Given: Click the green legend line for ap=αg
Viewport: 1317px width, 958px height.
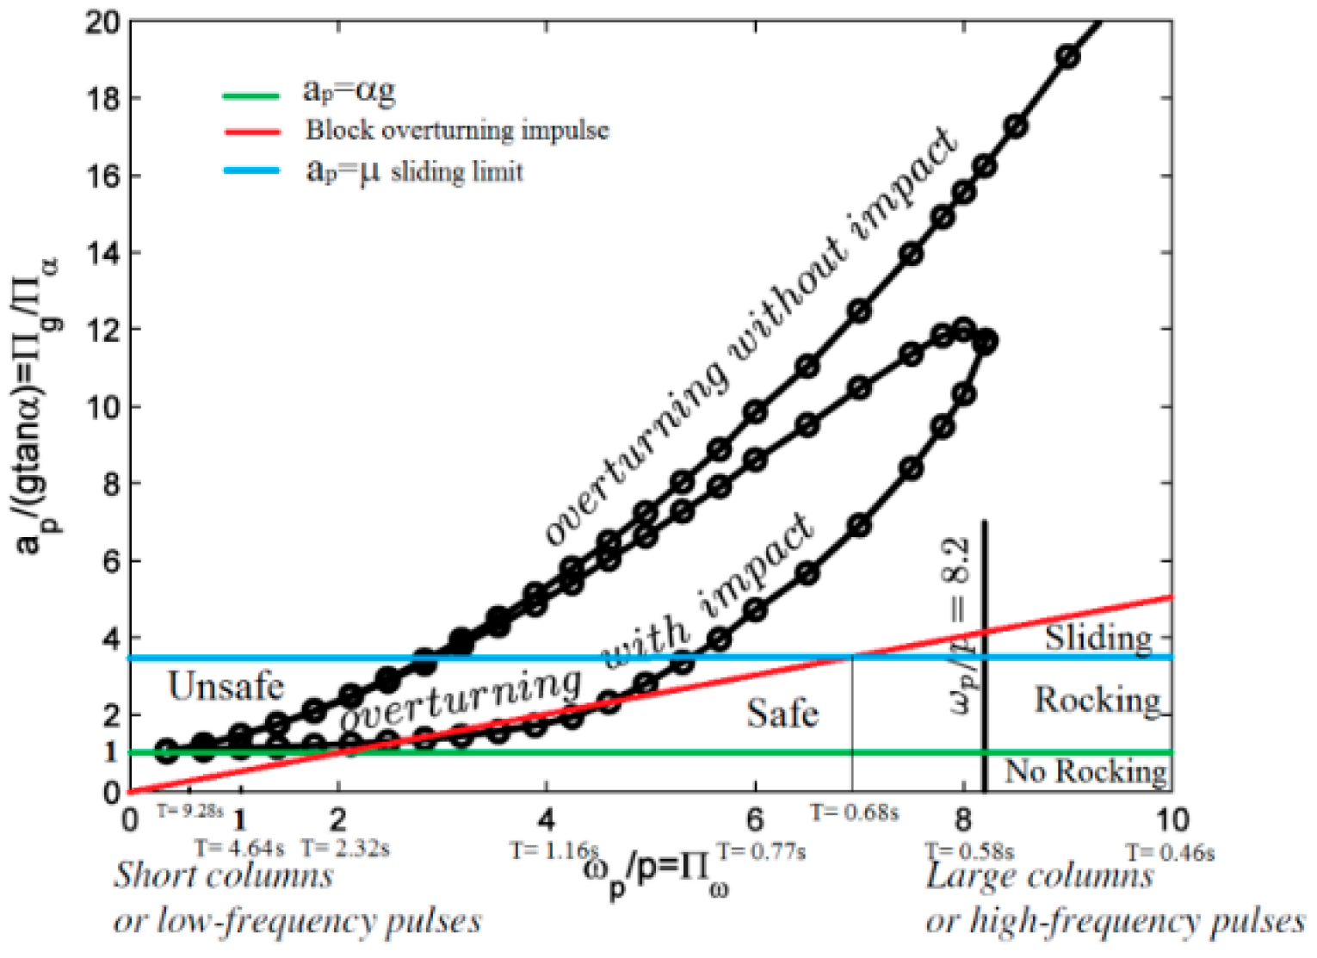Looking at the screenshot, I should [250, 96].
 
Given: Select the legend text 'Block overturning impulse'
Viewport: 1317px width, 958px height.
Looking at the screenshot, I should [457, 131].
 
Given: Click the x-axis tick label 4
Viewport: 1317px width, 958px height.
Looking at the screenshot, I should [547, 819].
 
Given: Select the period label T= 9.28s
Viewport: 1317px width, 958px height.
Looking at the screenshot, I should [189, 811].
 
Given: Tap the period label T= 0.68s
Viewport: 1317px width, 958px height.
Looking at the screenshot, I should [855, 812].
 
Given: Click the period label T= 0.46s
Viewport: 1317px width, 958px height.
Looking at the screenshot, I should [1171, 852].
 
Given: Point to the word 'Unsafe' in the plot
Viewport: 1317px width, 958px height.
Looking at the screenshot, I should [226, 687].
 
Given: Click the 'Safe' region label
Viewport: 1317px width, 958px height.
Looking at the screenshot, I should [782, 714].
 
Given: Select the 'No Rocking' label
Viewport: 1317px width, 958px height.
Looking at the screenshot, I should [1086, 771].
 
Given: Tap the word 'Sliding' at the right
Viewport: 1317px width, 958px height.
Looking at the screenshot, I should [1098, 638].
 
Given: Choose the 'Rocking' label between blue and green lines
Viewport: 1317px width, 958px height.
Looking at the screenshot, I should [1097, 700].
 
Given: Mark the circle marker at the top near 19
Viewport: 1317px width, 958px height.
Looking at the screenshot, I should [1067, 57].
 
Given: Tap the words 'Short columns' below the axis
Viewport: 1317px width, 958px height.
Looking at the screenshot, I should [224, 876].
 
